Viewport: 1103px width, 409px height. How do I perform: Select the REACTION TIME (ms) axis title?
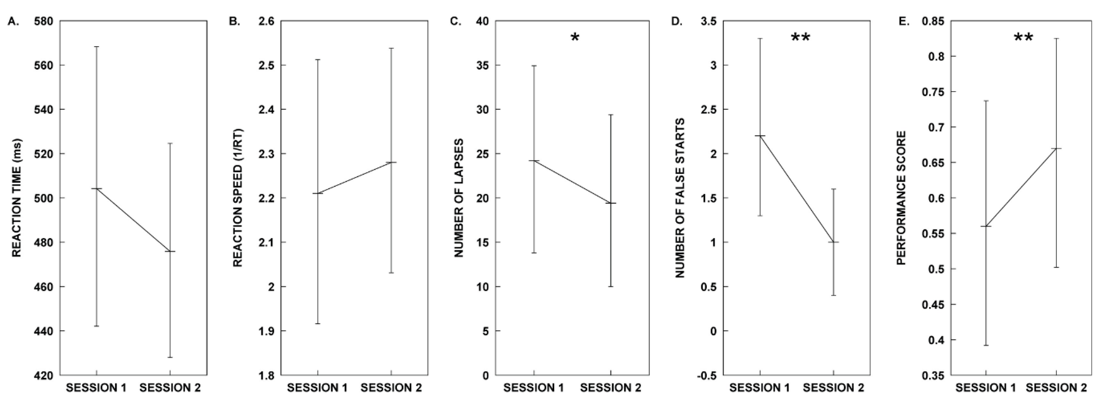16,198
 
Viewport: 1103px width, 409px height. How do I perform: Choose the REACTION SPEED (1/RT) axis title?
238,198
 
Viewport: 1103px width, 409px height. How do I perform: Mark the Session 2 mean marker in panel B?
391,162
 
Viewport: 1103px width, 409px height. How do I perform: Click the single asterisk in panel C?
575,38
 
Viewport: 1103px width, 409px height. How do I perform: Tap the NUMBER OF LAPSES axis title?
459,198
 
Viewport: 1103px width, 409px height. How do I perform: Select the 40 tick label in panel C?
483,21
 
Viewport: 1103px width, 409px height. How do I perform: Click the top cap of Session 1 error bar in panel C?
534,66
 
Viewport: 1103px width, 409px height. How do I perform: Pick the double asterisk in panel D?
800,38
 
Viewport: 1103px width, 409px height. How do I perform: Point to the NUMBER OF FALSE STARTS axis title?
680,198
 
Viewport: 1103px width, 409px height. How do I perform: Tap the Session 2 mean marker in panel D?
833,242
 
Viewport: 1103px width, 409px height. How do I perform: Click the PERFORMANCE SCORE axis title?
901,198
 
